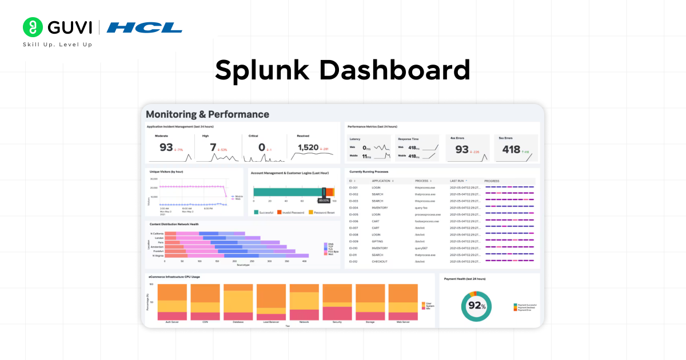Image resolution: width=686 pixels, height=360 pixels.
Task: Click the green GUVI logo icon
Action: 33,27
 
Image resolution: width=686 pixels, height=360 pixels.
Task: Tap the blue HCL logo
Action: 145,27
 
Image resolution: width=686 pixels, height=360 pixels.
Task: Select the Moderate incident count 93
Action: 166,147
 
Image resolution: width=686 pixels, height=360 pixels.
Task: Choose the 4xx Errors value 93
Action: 462,150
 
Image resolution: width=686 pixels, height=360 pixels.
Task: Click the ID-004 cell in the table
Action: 353,208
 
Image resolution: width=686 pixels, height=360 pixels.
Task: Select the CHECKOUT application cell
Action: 380,262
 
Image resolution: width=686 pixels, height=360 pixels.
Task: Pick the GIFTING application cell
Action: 378,242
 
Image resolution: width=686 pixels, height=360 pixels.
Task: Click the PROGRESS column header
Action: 492,181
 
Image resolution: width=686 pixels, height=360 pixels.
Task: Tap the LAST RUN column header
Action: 457,181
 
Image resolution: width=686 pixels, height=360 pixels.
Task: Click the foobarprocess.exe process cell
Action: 427,221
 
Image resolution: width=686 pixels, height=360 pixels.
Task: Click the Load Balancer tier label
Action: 271,322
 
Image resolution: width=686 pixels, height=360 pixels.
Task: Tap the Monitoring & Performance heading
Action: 208,114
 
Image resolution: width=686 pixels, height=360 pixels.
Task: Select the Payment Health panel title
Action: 465,279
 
